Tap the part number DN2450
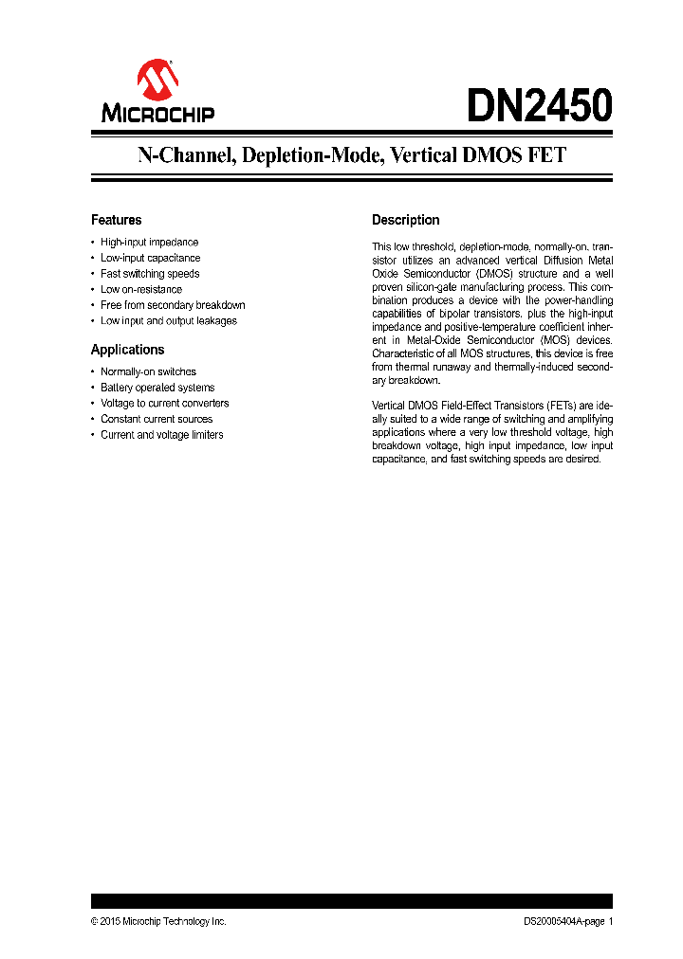pyautogui.click(x=539, y=106)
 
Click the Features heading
pyautogui.click(x=116, y=220)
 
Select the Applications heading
pyautogui.click(x=127, y=350)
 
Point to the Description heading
pyautogui.click(x=405, y=220)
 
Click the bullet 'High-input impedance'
pyautogui.click(x=149, y=243)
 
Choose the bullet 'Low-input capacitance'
pyautogui.click(x=150, y=258)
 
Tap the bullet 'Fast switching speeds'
pyautogui.click(x=150, y=274)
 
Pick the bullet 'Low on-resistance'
pyautogui.click(x=141, y=289)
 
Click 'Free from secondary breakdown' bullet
pyautogui.click(x=173, y=305)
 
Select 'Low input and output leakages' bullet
pyautogui.click(x=169, y=320)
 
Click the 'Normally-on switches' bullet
pyautogui.click(x=148, y=371)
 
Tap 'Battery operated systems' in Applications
pyautogui.click(x=157, y=388)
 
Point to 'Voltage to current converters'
pyautogui.click(x=164, y=403)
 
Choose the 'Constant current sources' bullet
pyautogui.click(x=157, y=419)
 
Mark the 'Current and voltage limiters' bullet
pyautogui.click(x=161, y=435)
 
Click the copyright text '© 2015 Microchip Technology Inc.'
pyautogui.click(x=158, y=921)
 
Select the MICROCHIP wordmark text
pyautogui.click(x=158, y=115)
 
